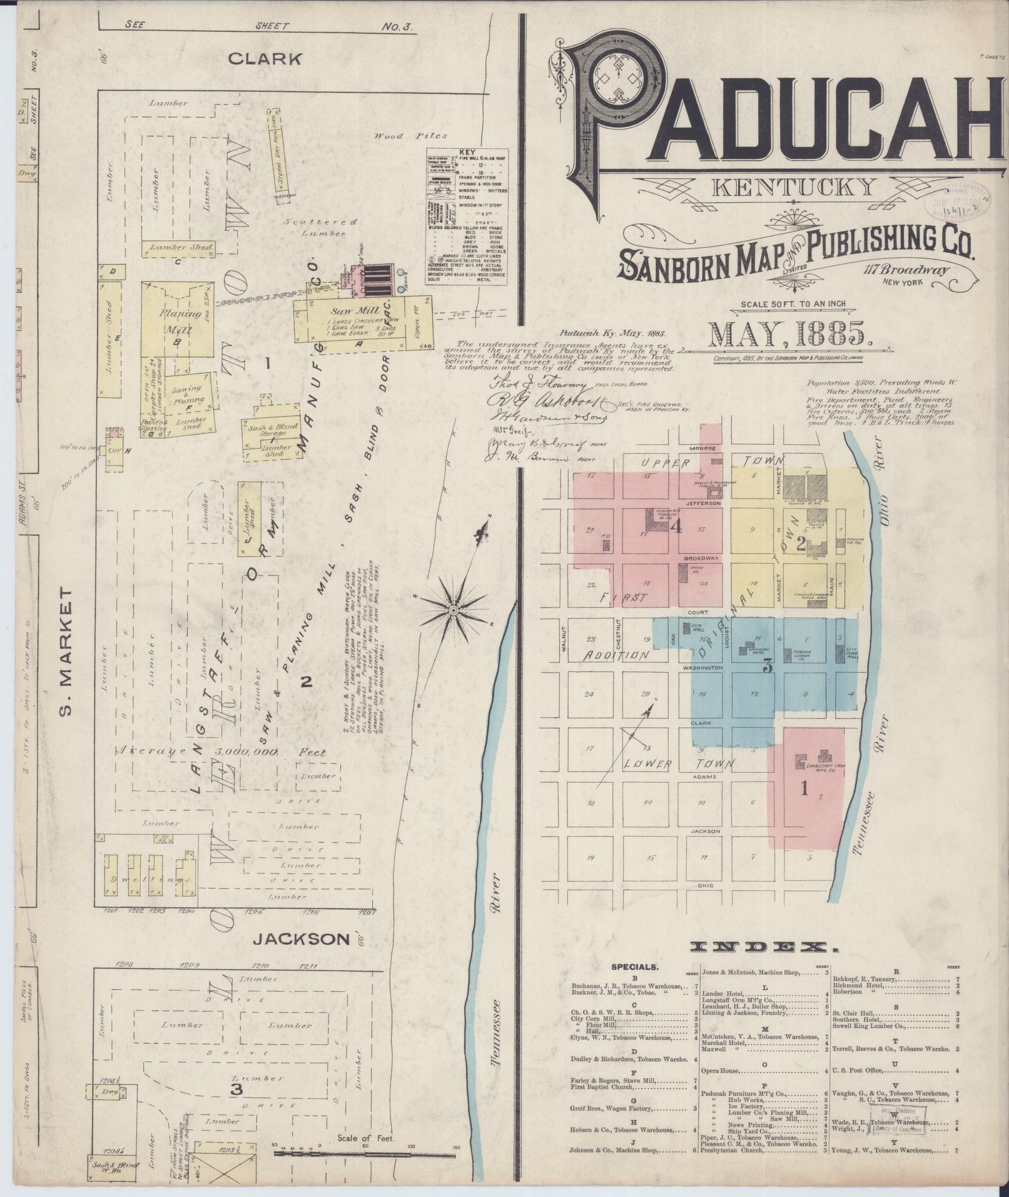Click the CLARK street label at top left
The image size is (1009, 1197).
[265, 59]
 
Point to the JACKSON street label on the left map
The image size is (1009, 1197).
[302, 939]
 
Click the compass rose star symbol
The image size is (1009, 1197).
[453, 608]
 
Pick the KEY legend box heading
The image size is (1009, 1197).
[467, 152]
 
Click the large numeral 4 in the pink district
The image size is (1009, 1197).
[676, 527]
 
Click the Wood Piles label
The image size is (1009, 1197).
[411, 136]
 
